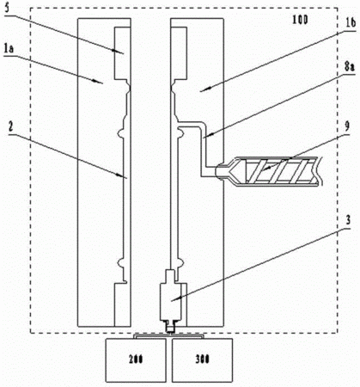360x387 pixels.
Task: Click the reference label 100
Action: coord(300,20)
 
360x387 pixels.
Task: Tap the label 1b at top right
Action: coord(350,22)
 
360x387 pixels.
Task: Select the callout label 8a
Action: coord(349,67)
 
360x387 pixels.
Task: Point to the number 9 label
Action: coord(347,126)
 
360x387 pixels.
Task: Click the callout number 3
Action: coord(348,220)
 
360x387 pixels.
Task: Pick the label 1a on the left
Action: coord(9,50)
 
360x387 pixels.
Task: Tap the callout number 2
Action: coord(11,127)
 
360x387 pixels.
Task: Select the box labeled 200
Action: coord(136,360)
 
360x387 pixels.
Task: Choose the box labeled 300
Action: coord(202,360)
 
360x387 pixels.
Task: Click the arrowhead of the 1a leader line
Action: coord(101,82)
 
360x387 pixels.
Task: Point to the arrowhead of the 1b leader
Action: coord(203,90)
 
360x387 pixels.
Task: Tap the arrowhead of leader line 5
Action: coord(121,52)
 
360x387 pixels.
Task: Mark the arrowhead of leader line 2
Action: coord(124,176)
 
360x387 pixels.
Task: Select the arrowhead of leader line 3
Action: coord(174,299)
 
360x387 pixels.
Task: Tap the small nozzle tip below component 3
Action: coord(170,328)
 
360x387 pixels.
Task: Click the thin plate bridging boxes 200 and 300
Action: coord(169,336)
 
